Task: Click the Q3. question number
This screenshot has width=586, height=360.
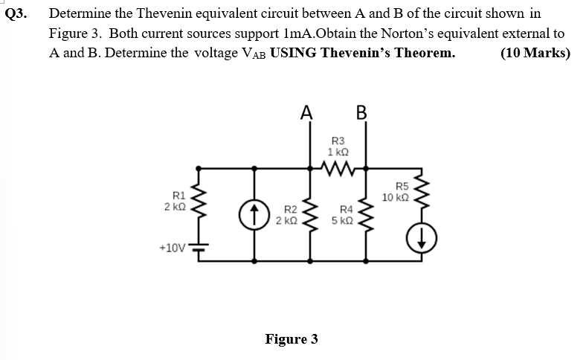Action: [x=16, y=14]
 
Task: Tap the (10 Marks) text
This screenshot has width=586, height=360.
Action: [x=535, y=54]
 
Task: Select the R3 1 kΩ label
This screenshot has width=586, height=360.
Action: [x=336, y=145]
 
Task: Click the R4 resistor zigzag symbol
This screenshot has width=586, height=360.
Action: [x=364, y=216]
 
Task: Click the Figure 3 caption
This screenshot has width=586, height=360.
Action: [x=292, y=339]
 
